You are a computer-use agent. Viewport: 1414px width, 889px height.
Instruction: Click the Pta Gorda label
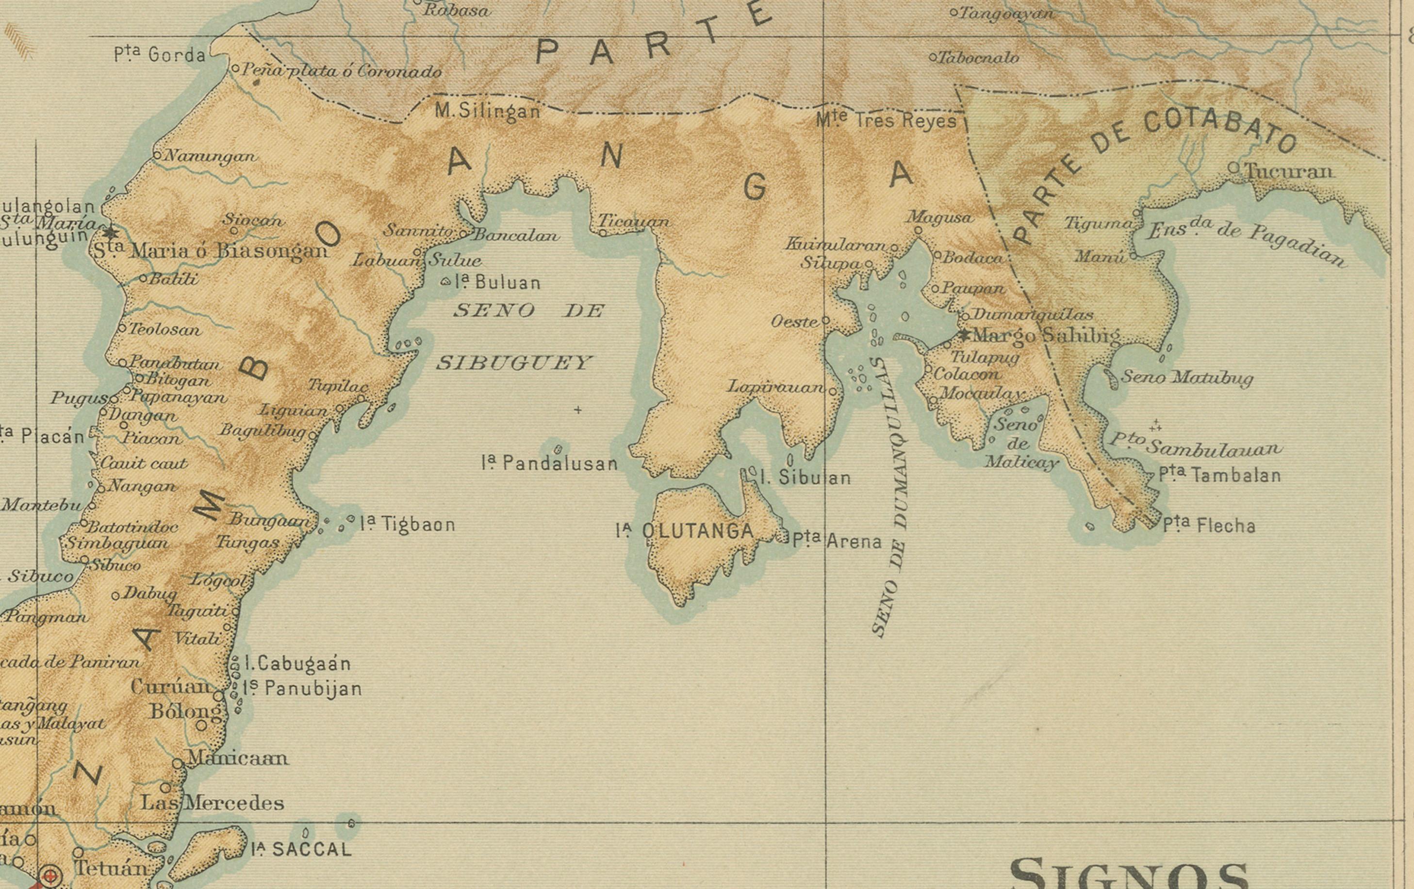pos(160,55)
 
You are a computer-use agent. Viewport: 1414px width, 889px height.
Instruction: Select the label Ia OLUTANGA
pos(685,531)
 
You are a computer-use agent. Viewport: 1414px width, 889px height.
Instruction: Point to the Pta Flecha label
pos(1209,525)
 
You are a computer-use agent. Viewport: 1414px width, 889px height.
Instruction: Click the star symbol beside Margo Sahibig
pos(964,335)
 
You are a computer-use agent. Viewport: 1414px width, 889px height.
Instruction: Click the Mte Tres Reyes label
pos(886,120)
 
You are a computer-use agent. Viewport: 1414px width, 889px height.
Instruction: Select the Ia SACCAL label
pos(301,849)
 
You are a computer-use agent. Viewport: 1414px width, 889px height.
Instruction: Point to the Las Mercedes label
pos(212,803)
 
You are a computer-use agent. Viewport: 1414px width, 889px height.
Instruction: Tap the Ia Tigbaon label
pos(408,524)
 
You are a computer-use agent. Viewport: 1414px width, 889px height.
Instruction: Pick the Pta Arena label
pos(837,541)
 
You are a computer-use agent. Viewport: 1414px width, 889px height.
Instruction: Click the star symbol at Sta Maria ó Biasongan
pos(110,232)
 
